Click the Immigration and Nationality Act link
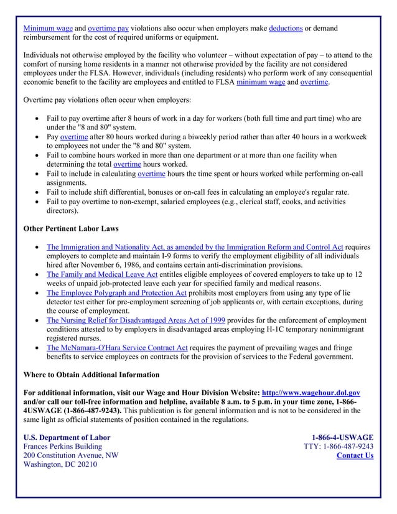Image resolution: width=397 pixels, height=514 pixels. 195,247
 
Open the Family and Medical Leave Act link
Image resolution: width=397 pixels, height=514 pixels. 102,274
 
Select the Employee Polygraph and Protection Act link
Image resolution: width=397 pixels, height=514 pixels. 116,292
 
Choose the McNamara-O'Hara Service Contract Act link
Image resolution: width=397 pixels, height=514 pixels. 117,347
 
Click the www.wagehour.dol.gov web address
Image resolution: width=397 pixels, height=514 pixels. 311,393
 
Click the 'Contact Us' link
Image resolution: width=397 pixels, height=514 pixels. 355,456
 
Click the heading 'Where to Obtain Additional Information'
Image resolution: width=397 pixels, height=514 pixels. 91,375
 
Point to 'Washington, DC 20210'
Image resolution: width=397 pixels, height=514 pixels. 60,465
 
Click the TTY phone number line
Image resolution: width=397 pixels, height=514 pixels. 338,446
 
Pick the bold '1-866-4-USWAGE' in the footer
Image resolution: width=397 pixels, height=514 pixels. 342,437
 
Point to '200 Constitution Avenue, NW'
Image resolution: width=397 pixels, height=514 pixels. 70,456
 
